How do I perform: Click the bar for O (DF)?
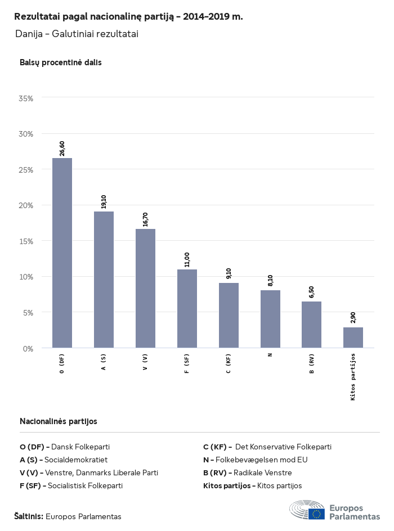click(x=62, y=253)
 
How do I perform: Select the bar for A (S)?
click(x=104, y=280)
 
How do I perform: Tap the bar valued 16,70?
click(x=145, y=288)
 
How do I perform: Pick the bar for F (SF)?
click(x=187, y=308)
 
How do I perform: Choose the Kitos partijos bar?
click(x=353, y=337)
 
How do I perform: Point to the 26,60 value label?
click(x=62, y=148)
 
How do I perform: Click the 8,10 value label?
click(x=270, y=280)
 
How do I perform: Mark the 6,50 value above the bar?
click(x=312, y=292)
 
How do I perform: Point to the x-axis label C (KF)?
click(x=229, y=364)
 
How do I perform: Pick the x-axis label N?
click(x=270, y=355)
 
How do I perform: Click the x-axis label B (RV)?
click(x=312, y=364)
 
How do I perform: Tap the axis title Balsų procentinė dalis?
click(x=61, y=62)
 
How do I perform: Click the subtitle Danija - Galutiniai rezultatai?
click(x=77, y=34)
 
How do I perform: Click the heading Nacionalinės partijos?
click(x=59, y=421)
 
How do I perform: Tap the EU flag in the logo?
click(x=316, y=514)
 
